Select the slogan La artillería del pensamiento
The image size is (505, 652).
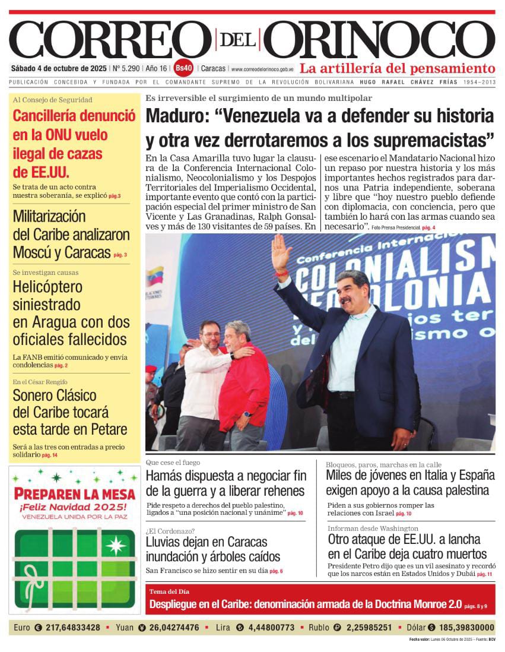point(396,68)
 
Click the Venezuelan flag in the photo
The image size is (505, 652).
point(155,276)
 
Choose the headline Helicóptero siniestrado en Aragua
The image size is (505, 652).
point(71,313)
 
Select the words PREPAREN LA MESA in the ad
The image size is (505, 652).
point(74,493)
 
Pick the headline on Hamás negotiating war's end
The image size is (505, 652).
point(225,483)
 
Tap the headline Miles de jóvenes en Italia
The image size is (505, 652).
point(410,482)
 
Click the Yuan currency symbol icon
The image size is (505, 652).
point(142,627)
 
